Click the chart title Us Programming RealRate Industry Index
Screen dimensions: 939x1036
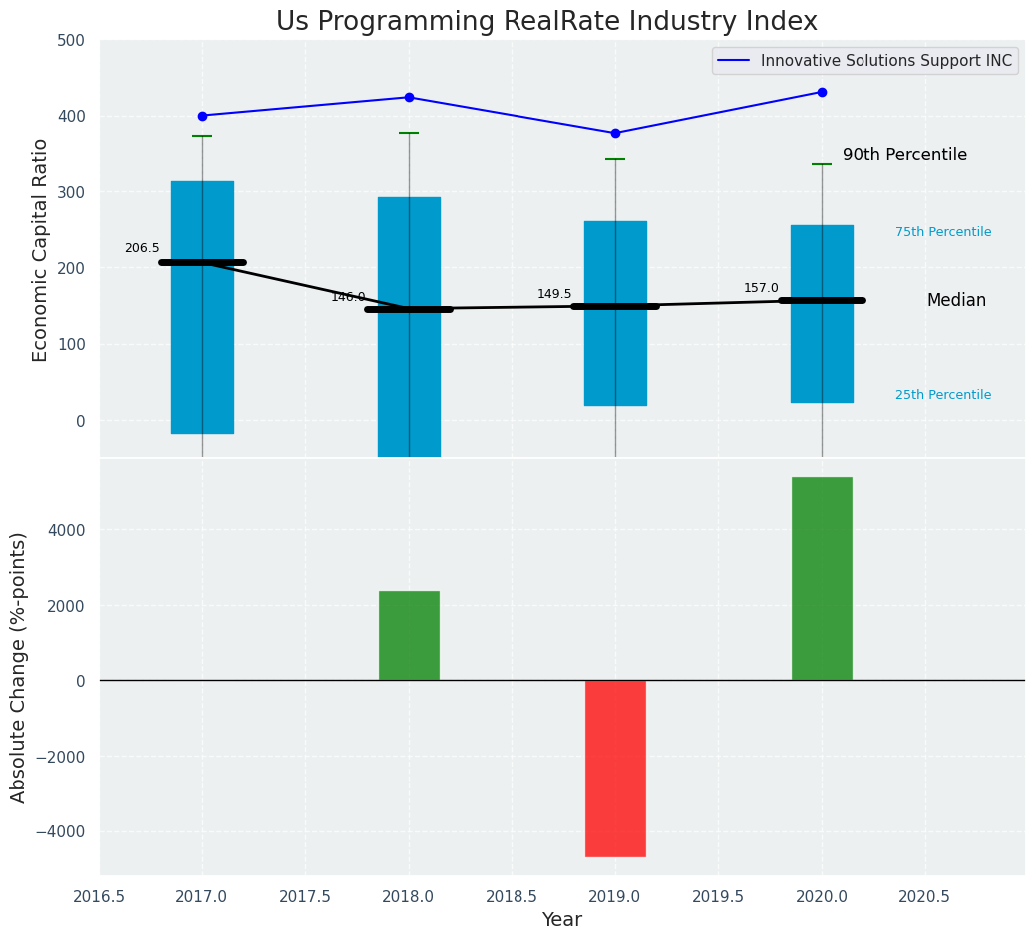(x=546, y=22)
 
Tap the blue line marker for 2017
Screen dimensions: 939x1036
(x=202, y=116)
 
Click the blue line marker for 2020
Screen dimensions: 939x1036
(x=822, y=92)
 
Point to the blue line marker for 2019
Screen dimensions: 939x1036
(x=615, y=133)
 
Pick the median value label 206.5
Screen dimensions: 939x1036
(x=142, y=248)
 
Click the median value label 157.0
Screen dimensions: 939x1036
(x=761, y=288)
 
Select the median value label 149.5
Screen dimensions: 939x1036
(x=554, y=294)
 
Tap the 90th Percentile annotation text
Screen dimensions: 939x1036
(x=904, y=155)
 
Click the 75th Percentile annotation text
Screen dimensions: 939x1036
(x=942, y=232)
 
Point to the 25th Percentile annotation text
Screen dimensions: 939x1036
(x=942, y=395)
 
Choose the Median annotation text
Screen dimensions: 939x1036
(x=955, y=300)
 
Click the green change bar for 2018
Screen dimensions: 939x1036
(x=409, y=635)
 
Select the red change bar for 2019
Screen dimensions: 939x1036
(x=615, y=768)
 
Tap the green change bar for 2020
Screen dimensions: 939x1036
(x=822, y=578)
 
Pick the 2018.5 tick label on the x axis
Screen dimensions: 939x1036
(x=512, y=896)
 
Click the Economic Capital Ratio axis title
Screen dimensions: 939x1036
(x=41, y=249)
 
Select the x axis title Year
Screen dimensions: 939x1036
(x=562, y=920)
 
